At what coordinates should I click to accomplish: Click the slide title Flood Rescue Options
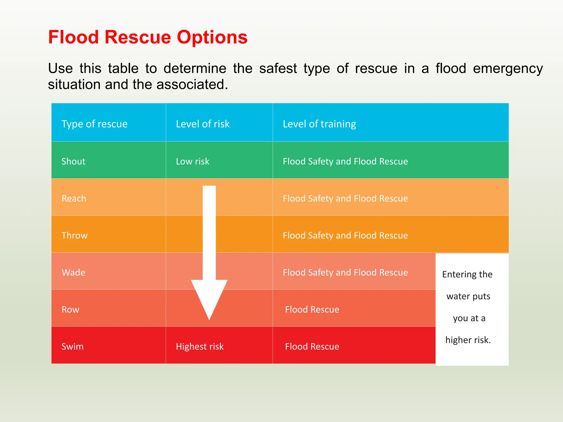148,37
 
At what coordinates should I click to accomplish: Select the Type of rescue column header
94,124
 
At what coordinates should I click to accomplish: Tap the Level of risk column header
203,124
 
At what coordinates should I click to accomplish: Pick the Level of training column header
319,124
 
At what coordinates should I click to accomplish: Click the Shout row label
73,161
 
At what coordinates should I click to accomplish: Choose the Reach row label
74,198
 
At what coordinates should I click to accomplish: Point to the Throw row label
74,235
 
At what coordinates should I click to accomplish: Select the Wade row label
73,273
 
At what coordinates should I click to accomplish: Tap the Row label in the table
70,310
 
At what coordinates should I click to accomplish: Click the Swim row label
72,346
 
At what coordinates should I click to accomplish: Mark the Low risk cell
192,161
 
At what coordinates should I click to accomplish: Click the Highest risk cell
200,346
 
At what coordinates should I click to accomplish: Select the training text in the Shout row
345,161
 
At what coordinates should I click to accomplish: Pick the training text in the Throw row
345,235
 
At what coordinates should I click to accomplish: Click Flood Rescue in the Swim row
312,346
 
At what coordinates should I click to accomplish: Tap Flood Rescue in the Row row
312,310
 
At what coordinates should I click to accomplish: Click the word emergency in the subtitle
508,68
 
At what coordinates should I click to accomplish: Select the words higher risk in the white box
468,340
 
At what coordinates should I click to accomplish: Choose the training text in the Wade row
345,273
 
